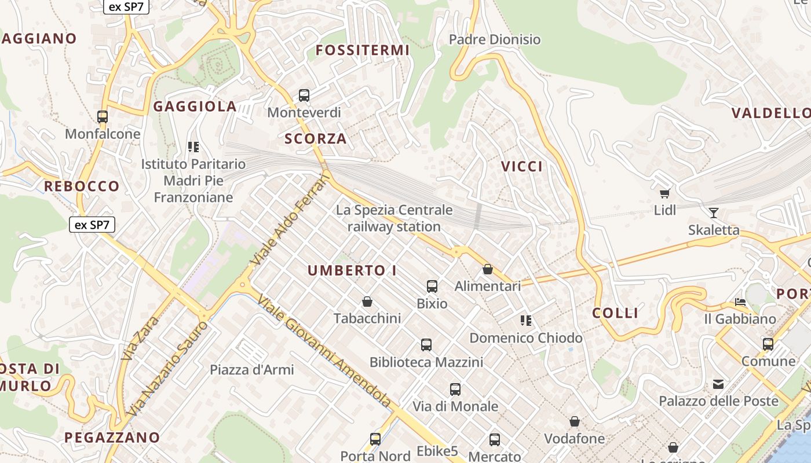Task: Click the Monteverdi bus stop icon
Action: [304, 95]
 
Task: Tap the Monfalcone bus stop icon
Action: [103, 117]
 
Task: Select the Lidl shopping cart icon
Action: [664, 193]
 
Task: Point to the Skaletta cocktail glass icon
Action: [714, 213]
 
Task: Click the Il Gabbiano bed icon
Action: [740, 302]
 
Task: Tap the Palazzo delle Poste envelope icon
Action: [718, 384]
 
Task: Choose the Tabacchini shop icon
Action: [367, 302]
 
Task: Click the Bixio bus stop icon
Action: [432, 286]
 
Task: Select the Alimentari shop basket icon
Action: [488, 269]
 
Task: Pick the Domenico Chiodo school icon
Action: [526, 320]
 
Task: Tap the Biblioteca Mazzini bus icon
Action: [426, 345]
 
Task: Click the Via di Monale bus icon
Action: [455, 389]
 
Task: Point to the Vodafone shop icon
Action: [575, 421]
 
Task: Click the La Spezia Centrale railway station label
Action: [394, 218]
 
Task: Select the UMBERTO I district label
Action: [352, 270]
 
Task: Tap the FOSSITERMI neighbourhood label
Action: [363, 50]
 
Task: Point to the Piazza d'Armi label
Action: [252, 369]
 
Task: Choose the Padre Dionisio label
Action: [495, 39]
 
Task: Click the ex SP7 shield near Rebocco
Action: [92, 225]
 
